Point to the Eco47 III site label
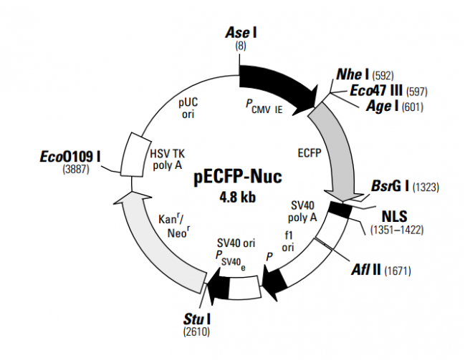pos(376,91)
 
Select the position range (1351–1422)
pos(396,230)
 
